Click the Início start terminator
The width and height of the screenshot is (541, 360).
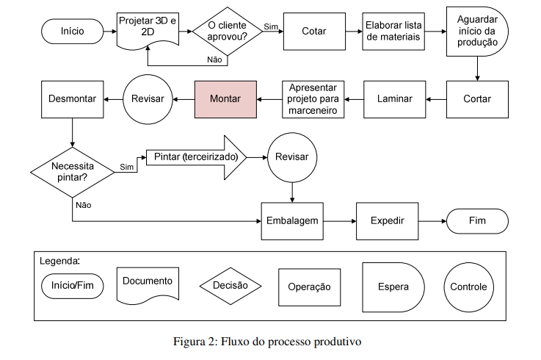(73, 31)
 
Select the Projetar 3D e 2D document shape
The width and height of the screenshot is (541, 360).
(148, 28)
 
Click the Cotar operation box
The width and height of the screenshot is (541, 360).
(314, 31)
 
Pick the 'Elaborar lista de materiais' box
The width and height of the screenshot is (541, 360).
(393, 31)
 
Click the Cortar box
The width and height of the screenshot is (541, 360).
(478, 99)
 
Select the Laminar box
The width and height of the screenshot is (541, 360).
(394, 99)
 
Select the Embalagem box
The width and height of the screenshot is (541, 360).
(293, 220)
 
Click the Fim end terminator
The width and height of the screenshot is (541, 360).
(477, 220)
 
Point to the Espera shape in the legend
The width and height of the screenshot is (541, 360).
(393, 287)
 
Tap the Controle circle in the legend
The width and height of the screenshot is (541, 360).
(469, 287)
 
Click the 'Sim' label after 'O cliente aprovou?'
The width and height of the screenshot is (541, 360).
(271, 26)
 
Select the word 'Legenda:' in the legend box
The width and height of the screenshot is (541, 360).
(59, 261)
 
